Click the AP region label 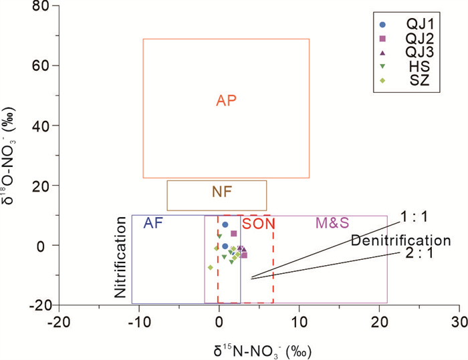227,100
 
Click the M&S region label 333,224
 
